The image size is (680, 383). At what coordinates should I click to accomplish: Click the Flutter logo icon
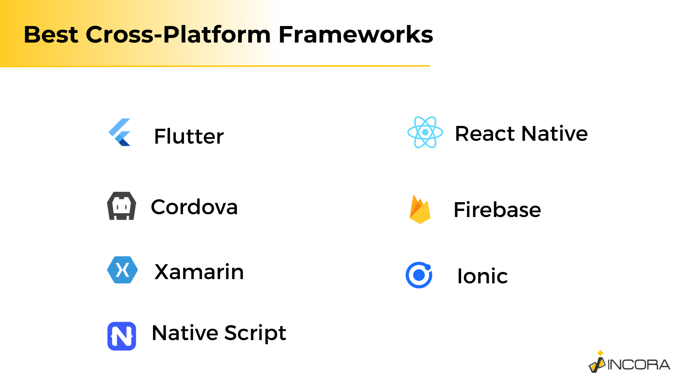click(120, 132)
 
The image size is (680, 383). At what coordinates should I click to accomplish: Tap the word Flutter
click(189, 136)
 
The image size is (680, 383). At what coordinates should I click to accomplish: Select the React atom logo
click(425, 132)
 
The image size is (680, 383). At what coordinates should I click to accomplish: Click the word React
click(485, 134)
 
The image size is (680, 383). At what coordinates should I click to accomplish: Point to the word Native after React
click(555, 134)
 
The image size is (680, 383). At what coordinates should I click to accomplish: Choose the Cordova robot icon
click(121, 206)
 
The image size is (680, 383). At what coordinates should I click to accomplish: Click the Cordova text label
click(194, 207)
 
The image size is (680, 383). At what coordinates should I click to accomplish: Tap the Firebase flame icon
click(420, 209)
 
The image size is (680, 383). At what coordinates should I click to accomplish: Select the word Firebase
click(497, 210)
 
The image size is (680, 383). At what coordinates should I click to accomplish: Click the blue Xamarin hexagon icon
click(123, 270)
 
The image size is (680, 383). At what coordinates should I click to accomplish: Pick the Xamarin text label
click(199, 272)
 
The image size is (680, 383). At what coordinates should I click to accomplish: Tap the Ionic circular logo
click(419, 275)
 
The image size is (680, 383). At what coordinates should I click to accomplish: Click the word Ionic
click(482, 276)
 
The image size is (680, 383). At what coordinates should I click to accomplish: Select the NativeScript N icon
click(122, 336)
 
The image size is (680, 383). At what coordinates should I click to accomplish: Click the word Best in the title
click(51, 35)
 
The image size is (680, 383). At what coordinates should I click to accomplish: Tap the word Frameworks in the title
click(356, 35)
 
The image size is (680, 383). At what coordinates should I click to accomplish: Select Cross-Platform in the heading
click(178, 35)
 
